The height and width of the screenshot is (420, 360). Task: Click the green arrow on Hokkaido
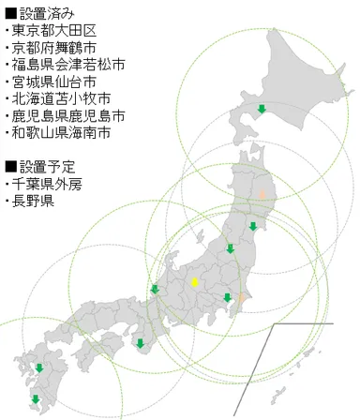point(262,111)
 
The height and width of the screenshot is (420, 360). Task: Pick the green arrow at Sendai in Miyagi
point(254,226)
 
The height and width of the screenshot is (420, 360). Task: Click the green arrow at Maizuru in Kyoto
point(154,289)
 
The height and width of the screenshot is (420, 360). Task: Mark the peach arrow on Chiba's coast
point(241,297)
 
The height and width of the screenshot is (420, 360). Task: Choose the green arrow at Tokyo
point(227,298)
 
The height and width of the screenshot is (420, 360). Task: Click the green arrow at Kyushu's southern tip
point(35,398)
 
